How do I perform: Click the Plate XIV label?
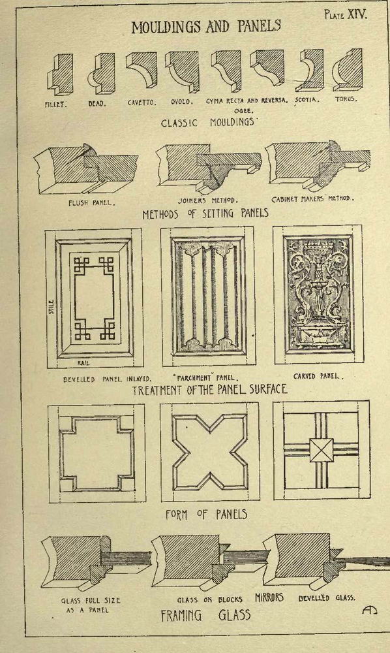click(x=346, y=15)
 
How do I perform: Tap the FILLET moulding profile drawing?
click(x=60, y=74)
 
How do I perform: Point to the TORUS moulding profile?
click(x=347, y=70)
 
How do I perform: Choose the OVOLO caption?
click(x=181, y=102)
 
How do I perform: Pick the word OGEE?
click(x=241, y=111)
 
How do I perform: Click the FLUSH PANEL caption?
click(x=91, y=204)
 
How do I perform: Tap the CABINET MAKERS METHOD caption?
click(x=312, y=199)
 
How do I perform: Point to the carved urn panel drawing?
click(x=318, y=293)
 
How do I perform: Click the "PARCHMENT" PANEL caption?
click(x=207, y=379)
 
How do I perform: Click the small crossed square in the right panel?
click(x=322, y=450)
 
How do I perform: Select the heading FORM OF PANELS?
click(x=207, y=515)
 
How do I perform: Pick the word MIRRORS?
click(x=269, y=597)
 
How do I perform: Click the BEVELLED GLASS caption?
click(x=327, y=598)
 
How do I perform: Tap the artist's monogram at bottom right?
click(x=369, y=610)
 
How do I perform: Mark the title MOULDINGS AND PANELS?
click(x=206, y=27)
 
